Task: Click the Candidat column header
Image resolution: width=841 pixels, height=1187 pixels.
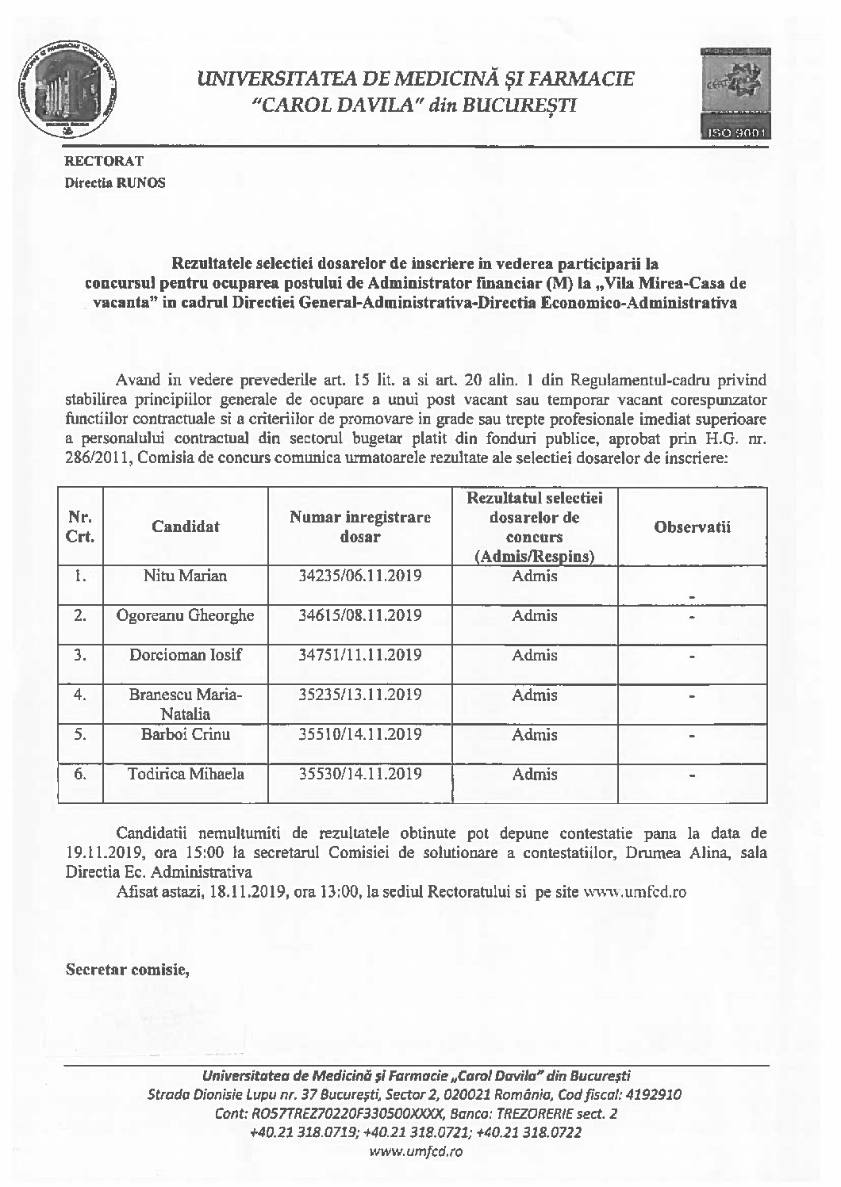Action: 186,526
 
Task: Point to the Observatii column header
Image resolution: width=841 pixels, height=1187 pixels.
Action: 692,526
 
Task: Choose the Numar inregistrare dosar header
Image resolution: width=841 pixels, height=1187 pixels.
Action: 360,526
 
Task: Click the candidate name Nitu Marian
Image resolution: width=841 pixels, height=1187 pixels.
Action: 185,576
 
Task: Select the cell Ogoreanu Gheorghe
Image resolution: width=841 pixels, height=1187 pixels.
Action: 185,615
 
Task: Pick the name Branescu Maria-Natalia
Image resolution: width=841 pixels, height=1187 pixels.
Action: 185,704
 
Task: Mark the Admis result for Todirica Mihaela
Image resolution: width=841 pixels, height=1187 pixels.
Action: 535,775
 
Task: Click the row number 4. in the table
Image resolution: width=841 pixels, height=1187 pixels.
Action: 79,695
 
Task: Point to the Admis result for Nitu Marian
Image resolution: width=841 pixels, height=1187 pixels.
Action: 535,576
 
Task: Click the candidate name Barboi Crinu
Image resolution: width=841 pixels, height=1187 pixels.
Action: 185,734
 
